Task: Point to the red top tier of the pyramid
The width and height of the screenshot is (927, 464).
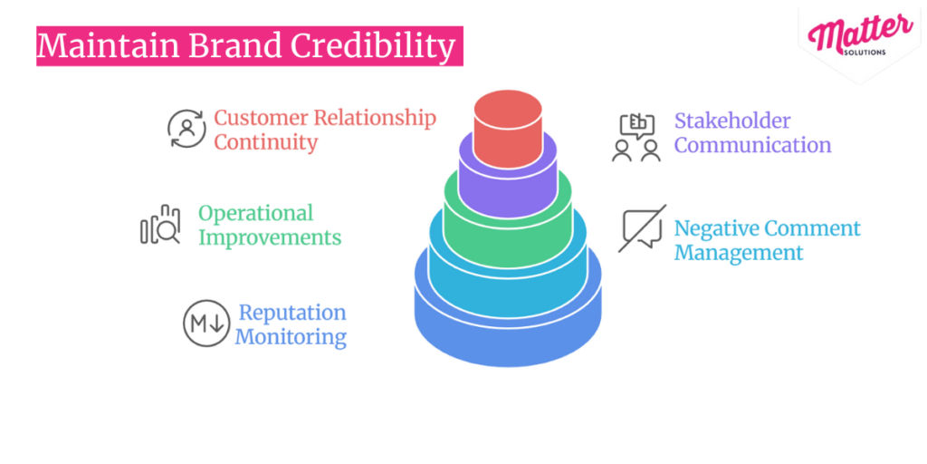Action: (x=508, y=127)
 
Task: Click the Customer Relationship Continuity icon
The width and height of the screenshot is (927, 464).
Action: (x=187, y=129)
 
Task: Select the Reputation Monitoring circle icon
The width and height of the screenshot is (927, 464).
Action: (x=206, y=324)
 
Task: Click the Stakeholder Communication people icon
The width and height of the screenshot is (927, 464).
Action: (x=636, y=138)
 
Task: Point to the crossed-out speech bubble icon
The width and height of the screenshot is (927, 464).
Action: (x=643, y=228)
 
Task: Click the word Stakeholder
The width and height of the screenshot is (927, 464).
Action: (x=732, y=121)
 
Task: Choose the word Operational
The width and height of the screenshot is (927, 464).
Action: (x=255, y=214)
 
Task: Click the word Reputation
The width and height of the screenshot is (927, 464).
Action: (x=291, y=313)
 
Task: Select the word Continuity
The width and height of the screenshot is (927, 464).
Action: (x=265, y=142)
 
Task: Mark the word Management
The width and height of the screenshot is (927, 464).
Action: (x=739, y=253)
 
